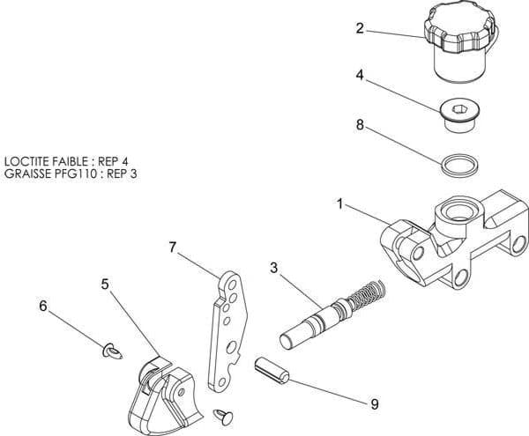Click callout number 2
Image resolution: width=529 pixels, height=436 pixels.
pyautogui.click(x=360, y=28)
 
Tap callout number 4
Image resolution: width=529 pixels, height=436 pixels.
pyautogui.click(x=360, y=76)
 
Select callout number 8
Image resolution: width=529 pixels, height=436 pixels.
pyautogui.click(x=360, y=125)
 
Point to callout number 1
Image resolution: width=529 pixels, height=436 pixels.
pyautogui.click(x=339, y=204)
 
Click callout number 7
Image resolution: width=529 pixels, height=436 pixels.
pyautogui.click(x=174, y=248)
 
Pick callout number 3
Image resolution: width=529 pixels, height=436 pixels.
pyautogui.click(x=274, y=266)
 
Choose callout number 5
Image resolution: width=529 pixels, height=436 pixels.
pyautogui.click(x=105, y=285)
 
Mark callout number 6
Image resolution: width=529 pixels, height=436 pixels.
pyautogui.click(x=43, y=307)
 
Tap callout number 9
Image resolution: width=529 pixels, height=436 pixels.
pyautogui.click(x=374, y=404)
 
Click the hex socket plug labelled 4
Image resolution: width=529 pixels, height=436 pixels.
pyautogui.click(x=459, y=114)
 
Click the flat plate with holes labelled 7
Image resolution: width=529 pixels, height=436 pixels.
pyautogui.click(x=228, y=330)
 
